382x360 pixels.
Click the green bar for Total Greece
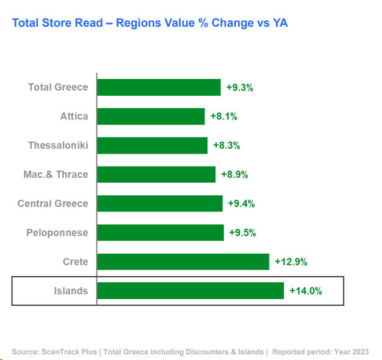tap(158, 87)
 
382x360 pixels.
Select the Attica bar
tap(150, 116)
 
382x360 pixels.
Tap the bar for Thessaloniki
tap(152, 145)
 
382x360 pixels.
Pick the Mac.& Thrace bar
tap(156, 174)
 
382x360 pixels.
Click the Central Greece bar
tap(160, 203)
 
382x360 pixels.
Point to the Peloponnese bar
tap(160, 233)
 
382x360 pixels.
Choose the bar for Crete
tap(183, 262)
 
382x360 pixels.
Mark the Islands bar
tap(190, 290)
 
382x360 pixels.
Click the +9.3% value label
tap(239, 88)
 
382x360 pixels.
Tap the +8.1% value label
tap(224, 116)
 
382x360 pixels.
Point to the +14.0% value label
tap(306, 291)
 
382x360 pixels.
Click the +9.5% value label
tap(242, 233)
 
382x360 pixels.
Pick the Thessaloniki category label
tap(58, 145)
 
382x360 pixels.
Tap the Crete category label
tap(75, 262)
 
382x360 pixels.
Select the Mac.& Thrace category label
tap(56, 174)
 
